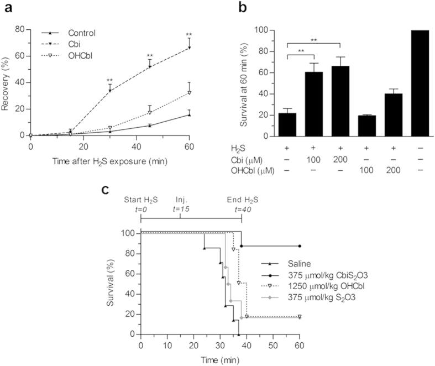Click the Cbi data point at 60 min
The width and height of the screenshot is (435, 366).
point(189,48)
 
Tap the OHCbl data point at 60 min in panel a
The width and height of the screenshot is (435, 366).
point(189,93)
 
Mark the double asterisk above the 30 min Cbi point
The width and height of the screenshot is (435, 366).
point(110,80)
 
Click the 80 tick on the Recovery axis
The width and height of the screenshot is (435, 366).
point(19,29)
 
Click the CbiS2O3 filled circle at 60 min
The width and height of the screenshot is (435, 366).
point(300,245)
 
